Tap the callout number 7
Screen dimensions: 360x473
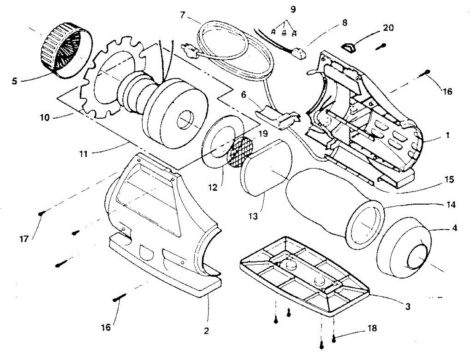(x=182, y=15)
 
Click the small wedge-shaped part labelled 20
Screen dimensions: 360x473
(x=349, y=48)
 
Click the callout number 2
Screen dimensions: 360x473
(x=206, y=331)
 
